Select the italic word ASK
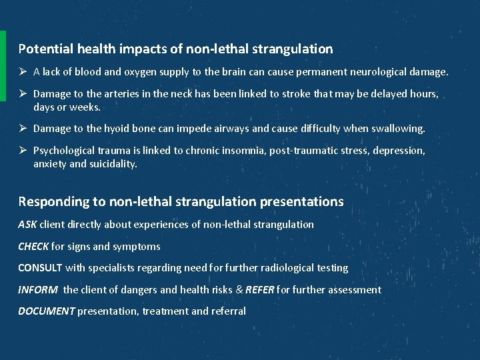click(27, 225)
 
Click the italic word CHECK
click(33, 247)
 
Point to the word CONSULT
click(40, 268)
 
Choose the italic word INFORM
click(37, 290)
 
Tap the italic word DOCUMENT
click(46, 311)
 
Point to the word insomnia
click(245, 151)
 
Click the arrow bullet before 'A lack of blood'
click(23, 72)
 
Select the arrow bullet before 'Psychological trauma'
click(23, 151)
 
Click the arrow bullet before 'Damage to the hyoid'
click(23, 128)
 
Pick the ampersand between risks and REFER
click(238, 290)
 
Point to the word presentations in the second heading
click(301, 201)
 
